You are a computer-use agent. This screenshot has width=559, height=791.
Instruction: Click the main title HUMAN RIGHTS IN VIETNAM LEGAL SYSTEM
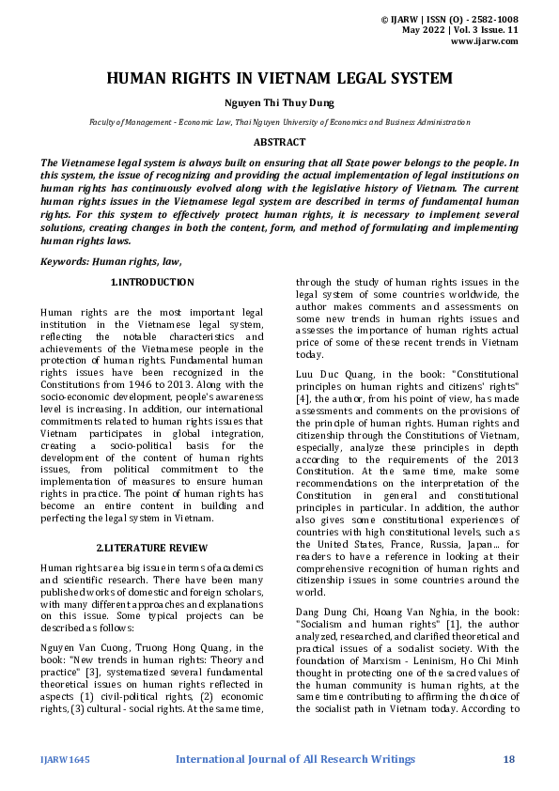pyautogui.click(x=279, y=79)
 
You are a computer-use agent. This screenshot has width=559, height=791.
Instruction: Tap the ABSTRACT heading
pyautogui.click(x=279, y=143)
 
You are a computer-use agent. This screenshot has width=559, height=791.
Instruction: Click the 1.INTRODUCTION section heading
pyautogui.click(x=153, y=283)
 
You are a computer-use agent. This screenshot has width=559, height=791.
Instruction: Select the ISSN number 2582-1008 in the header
pyautogui.click(x=489, y=19)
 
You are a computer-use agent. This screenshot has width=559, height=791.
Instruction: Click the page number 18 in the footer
pyautogui.click(x=509, y=759)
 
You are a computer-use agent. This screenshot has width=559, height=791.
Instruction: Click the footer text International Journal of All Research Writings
pyautogui.click(x=295, y=759)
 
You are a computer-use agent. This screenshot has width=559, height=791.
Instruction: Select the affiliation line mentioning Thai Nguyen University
pyautogui.click(x=279, y=123)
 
